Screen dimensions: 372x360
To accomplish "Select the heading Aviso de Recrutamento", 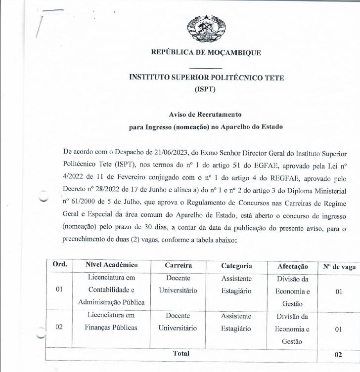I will (206, 115).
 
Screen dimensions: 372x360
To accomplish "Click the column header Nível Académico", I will (111, 265).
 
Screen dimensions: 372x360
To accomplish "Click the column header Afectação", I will (292, 266).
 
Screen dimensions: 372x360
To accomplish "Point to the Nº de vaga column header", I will (339, 266).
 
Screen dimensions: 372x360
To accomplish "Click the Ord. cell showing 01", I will (59, 289).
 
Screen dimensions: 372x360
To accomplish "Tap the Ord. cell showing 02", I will (59, 328).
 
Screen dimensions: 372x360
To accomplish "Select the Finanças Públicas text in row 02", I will (111, 328).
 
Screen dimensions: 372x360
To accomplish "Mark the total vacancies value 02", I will (339, 354).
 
